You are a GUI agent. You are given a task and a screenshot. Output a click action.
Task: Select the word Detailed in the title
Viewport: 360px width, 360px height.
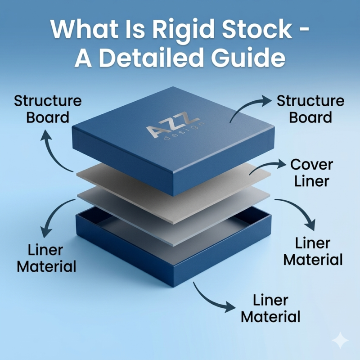[x=152, y=57]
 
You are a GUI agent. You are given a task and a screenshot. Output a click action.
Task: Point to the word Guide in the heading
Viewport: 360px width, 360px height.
[x=248, y=57]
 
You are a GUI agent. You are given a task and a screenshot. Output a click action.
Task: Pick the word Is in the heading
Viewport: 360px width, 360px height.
[x=135, y=30]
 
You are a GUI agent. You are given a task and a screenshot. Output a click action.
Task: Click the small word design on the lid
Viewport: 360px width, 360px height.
[x=184, y=131]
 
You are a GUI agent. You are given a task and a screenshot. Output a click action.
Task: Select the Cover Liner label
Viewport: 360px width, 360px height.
[x=311, y=173]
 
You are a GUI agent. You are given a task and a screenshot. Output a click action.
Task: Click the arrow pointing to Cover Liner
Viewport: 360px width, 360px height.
[x=267, y=167]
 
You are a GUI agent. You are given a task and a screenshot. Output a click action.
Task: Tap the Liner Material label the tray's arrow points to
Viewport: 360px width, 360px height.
[x=270, y=308]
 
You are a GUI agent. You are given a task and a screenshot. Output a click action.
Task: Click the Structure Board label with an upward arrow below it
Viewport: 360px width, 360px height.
[x=48, y=109]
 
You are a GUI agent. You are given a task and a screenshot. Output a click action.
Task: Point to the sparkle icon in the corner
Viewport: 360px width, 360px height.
[x=341, y=341]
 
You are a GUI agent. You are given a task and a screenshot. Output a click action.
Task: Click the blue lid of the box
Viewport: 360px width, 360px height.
[x=173, y=140]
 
